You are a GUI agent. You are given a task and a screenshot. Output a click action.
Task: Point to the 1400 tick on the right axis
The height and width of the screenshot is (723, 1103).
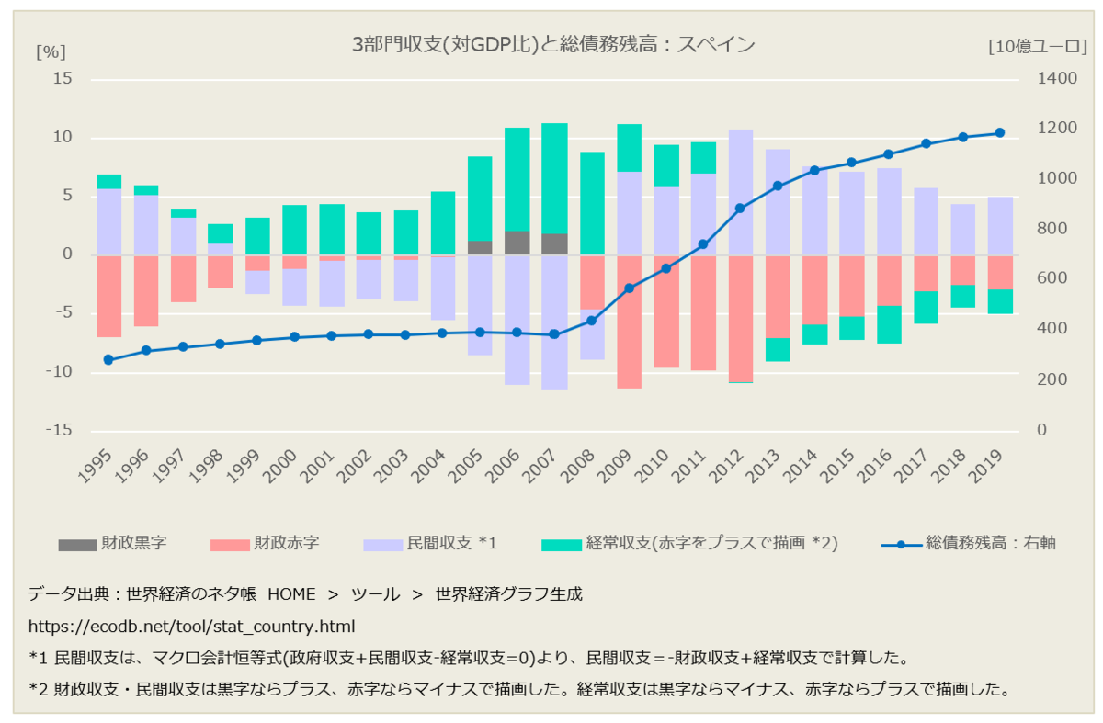pos(1057,80)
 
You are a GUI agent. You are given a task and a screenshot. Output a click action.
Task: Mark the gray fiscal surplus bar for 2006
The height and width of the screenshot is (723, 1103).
pos(517,243)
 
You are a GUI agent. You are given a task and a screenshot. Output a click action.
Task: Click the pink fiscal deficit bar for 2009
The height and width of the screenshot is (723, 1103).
pos(629,322)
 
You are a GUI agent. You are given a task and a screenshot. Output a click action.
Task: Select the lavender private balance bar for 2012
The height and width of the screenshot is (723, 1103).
pos(741,192)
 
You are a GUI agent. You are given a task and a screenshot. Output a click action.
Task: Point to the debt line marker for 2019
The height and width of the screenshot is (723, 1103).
pos(999,133)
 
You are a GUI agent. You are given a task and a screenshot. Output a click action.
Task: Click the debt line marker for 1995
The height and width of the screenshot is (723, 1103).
pos(108,360)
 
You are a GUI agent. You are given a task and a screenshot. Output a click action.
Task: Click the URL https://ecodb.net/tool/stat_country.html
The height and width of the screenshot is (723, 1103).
pos(192,626)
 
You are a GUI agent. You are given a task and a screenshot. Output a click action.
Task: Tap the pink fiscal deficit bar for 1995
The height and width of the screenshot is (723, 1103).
pos(109,296)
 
